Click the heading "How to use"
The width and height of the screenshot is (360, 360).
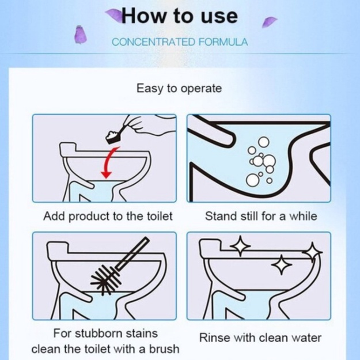(x=180, y=16)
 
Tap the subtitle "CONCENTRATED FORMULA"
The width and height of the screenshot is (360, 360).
(x=180, y=42)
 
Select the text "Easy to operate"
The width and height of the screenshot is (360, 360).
(x=179, y=88)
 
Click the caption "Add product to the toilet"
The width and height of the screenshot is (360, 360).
(x=108, y=216)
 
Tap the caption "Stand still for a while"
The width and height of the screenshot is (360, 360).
(x=261, y=216)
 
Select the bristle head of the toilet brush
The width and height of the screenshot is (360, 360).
(x=106, y=279)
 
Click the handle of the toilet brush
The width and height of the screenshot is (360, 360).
(x=132, y=253)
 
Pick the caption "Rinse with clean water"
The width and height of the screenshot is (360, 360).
(x=260, y=338)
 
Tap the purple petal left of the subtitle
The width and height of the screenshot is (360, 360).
(x=81, y=35)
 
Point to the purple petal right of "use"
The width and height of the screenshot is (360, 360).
(x=268, y=22)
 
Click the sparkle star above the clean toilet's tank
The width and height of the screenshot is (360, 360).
(x=240, y=246)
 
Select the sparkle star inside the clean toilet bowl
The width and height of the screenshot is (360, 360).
(x=282, y=265)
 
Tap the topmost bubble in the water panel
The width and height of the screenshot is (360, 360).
(x=264, y=142)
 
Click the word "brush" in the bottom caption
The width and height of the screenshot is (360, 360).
(x=164, y=349)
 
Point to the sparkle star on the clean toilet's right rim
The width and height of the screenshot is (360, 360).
(x=312, y=252)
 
